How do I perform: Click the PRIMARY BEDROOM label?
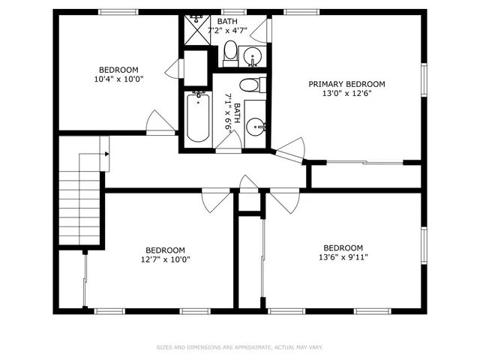pos(346,84)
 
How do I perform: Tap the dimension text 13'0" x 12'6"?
pos(346,94)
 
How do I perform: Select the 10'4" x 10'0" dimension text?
pos(118,79)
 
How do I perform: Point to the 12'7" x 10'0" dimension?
pos(165,260)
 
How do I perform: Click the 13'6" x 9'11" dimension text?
pos(343,257)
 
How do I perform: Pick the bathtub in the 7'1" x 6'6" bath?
pos(197,116)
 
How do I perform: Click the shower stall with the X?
pos(196,30)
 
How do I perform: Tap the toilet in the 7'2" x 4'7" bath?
pos(230,52)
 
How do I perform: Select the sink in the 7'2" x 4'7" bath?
pos(253,55)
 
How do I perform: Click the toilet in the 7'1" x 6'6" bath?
pos(250,84)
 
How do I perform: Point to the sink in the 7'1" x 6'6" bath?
pos(256,124)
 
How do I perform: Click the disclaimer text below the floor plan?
pos(239,347)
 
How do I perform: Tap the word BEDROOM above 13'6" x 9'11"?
pos(343,247)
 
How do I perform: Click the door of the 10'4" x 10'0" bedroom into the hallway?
pos(160,123)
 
